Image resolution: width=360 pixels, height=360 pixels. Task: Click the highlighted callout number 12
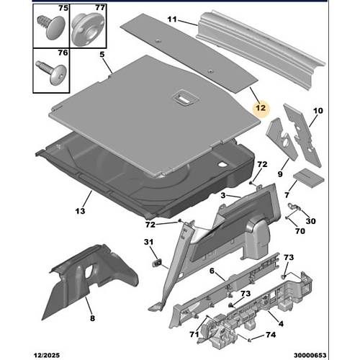pos(261,107)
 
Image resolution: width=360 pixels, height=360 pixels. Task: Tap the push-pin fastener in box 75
pos(51,27)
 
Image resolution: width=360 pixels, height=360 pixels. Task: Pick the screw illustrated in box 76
pos(51,73)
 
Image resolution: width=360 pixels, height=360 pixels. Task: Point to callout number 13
pos(80,211)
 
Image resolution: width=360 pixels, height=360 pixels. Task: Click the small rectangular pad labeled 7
pos(309,178)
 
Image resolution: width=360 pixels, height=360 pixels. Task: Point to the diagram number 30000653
pos(310,355)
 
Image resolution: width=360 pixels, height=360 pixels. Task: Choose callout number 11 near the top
pos(172,19)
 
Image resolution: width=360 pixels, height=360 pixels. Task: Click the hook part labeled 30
pos(294,206)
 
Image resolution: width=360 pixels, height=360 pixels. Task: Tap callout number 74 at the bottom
pos(271,335)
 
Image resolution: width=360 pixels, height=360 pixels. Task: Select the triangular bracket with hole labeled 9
pos(282,138)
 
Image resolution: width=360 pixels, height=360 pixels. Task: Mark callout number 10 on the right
pos(318,111)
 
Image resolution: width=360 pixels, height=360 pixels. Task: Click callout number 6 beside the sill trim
pos(212,271)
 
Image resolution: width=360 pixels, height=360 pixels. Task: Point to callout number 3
pos(223,196)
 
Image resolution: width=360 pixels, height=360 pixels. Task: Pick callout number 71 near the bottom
pos(194,334)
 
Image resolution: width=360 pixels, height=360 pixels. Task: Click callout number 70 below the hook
pos(300,231)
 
